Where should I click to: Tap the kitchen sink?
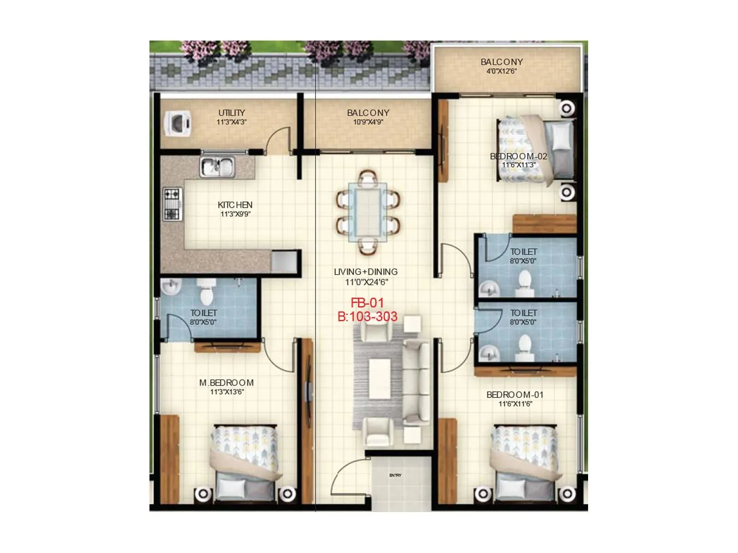tap(217, 166)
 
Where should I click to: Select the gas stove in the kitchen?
tap(172, 204)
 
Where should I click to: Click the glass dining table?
tap(368, 212)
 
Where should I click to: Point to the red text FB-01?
tap(367, 303)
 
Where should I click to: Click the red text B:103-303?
tap(367, 317)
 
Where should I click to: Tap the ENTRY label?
tap(395, 475)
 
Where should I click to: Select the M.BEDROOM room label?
tap(226, 382)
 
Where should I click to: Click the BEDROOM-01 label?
tap(515, 395)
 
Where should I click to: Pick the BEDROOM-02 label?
tap(518, 156)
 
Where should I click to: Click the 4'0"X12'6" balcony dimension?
tap(501, 71)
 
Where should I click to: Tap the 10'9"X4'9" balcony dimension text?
tap(368, 122)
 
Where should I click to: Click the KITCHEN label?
tap(235, 205)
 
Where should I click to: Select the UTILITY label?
tap(232, 113)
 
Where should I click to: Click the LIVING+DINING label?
tap(366, 272)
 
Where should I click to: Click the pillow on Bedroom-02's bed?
tap(561, 136)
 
